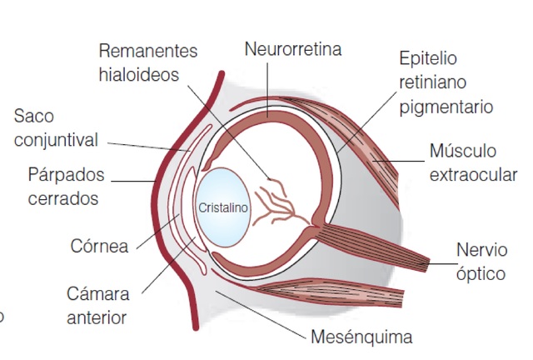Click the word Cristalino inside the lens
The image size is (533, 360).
tap(223, 207)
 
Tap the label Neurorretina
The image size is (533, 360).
tap(292, 49)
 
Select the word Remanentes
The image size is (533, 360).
tap(148, 51)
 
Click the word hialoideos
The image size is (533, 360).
tap(139, 74)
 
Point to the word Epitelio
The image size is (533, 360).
tap(428, 59)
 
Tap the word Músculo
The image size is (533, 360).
tap(462, 152)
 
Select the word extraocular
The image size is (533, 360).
tap(473, 175)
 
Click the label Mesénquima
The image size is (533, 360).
tap(361, 338)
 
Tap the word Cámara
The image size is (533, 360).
tap(98, 294)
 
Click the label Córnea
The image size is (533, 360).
tap(99, 247)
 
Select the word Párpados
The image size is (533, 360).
tap(66, 175)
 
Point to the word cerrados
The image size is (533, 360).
tap(62, 198)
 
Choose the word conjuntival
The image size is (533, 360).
tap(56, 138)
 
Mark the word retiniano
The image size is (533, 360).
tap(433, 82)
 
